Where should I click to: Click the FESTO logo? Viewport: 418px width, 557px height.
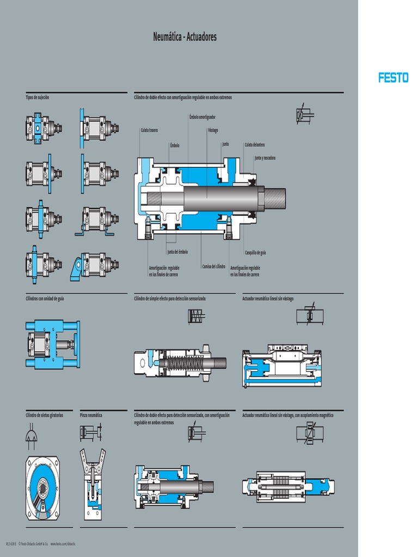(x=393, y=78)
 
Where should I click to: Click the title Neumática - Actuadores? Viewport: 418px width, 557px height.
(x=185, y=37)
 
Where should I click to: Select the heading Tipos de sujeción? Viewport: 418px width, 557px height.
(x=37, y=97)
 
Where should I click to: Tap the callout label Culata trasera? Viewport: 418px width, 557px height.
(x=149, y=131)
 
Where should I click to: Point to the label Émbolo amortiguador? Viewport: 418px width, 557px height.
(x=202, y=117)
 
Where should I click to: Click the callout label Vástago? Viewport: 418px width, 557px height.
(x=213, y=131)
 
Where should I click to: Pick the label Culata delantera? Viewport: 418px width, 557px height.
(x=255, y=144)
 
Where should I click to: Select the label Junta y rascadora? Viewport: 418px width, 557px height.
(x=265, y=158)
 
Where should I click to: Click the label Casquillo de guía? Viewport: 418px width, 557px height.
(x=255, y=253)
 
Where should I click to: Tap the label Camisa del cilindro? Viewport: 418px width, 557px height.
(x=213, y=267)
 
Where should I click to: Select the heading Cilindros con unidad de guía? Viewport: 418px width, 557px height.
(x=45, y=299)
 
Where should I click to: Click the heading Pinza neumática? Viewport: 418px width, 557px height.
(x=91, y=415)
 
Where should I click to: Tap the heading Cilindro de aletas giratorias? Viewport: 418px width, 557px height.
(x=45, y=415)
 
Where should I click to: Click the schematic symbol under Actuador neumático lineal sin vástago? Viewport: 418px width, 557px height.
(x=310, y=316)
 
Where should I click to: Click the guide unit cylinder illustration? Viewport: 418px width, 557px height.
(x=52, y=344)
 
